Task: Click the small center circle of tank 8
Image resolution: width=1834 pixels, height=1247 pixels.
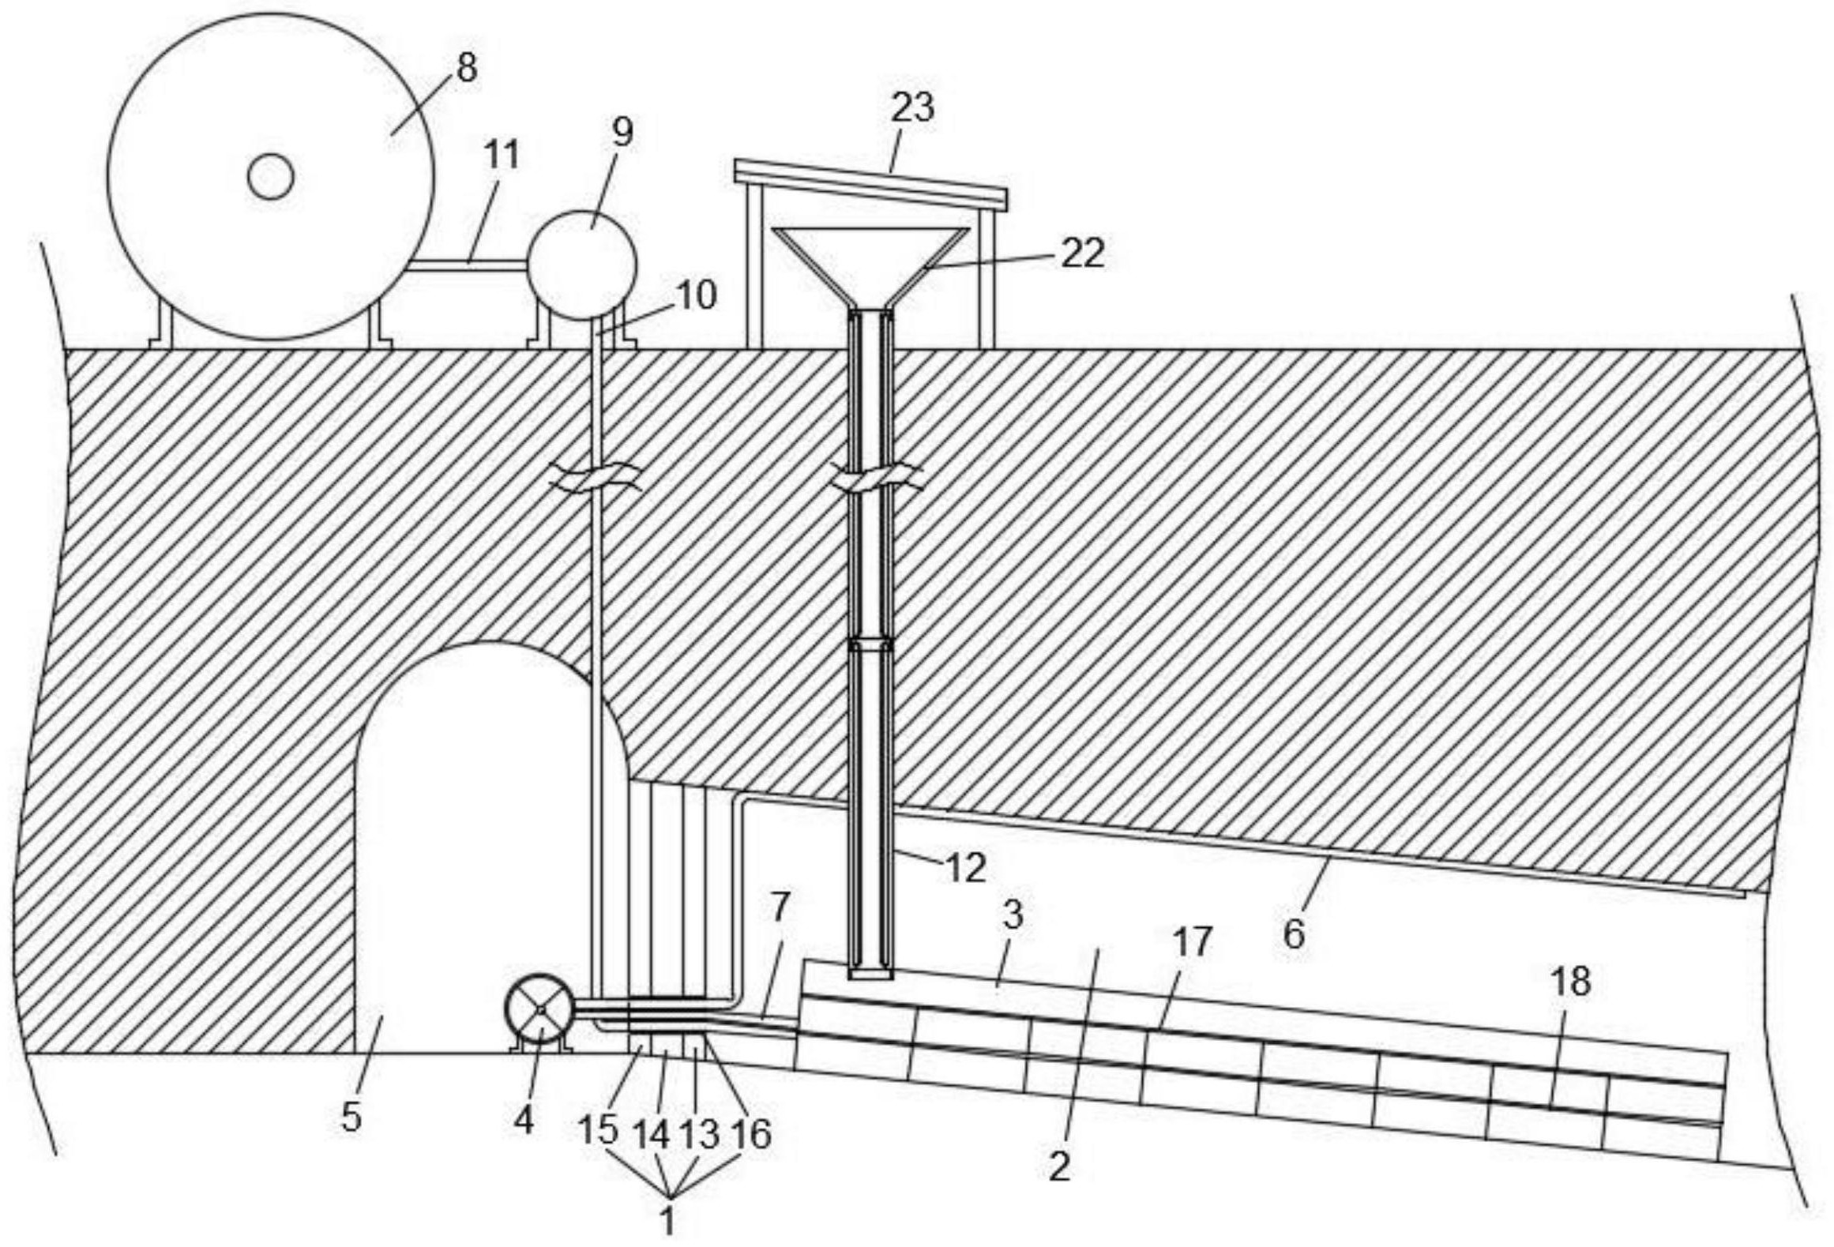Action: pos(271,176)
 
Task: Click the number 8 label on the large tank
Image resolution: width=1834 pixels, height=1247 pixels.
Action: pos(466,69)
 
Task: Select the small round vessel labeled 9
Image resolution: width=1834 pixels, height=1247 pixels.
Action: pos(581,265)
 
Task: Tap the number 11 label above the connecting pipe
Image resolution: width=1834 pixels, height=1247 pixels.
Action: pos(502,156)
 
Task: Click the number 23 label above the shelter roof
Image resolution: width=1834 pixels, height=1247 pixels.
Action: pos(912,107)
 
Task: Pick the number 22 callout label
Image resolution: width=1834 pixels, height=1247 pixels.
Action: pos(1081,254)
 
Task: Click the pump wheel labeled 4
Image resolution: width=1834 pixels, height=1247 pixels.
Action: pos(540,1011)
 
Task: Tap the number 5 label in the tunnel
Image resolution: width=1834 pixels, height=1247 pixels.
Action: pos(351,1117)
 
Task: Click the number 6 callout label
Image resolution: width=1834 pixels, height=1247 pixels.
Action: pos(1294,934)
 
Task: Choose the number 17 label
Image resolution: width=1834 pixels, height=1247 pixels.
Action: pos(1191,942)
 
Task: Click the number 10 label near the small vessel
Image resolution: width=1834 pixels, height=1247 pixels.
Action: pos(696,296)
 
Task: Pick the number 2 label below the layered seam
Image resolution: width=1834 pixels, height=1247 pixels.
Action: pos(1059,1166)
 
